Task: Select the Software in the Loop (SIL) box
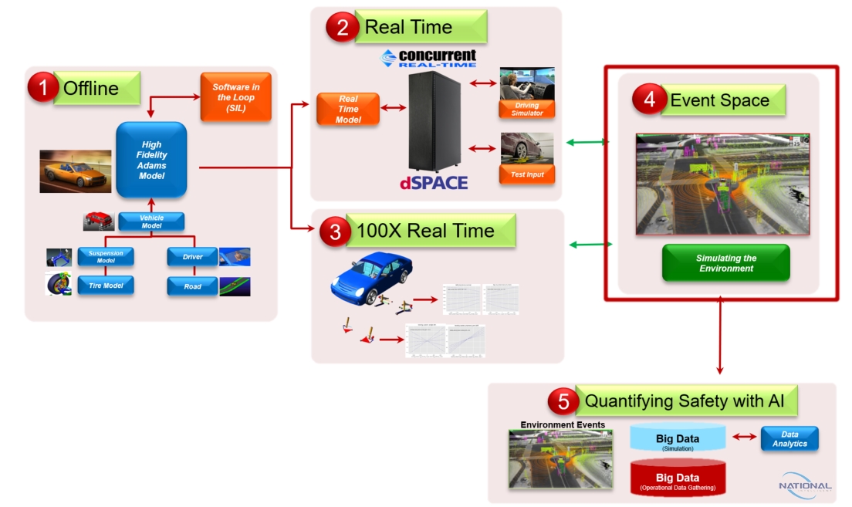click(235, 97)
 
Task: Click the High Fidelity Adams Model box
click(151, 160)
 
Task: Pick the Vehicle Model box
click(151, 222)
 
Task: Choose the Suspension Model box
click(106, 257)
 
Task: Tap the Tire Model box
click(106, 286)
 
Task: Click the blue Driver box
click(192, 257)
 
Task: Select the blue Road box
click(192, 286)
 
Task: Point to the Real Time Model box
click(347, 109)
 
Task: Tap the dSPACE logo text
click(434, 184)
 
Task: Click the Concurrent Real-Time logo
click(429, 59)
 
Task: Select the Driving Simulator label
click(527, 110)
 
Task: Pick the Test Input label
click(527, 174)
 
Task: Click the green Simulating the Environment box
click(725, 262)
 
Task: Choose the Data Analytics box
click(789, 438)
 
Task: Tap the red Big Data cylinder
click(678, 478)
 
